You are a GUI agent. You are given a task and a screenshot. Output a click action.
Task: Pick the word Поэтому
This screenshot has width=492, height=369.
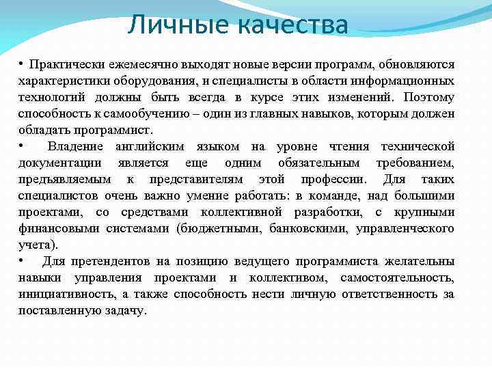coord(428,96)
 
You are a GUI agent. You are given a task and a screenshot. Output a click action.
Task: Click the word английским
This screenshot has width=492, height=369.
coord(155,146)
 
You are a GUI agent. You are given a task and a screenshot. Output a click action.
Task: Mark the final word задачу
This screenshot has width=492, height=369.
coord(125,310)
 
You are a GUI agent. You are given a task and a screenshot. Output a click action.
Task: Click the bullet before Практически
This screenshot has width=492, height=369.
coord(22,64)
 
